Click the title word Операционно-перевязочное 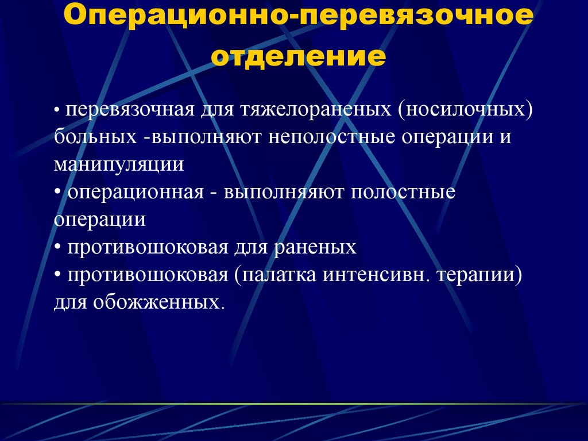294,21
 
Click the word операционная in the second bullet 136,192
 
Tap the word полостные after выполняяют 403,192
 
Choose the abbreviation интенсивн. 377,275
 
